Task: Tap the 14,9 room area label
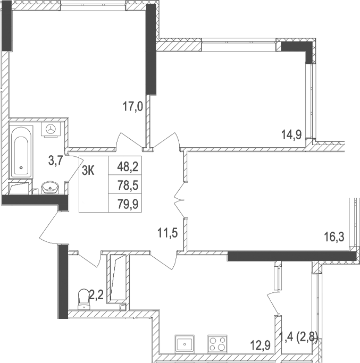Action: pyautogui.click(x=291, y=134)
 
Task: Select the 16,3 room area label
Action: pyautogui.click(x=334, y=237)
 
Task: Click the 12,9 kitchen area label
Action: pyautogui.click(x=261, y=345)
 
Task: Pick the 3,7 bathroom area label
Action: pyautogui.click(x=55, y=160)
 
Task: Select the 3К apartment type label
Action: pyautogui.click(x=89, y=170)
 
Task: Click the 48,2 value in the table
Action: pyautogui.click(x=127, y=167)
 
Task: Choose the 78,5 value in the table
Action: pyautogui.click(x=127, y=184)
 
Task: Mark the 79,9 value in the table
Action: pyautogui.click(x=127, y=202)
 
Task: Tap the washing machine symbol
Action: pyautogui.click(x=52, y=129)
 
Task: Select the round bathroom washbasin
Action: pyautogui.click(x=51, y=188)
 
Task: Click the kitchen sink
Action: pyautogui.click(x=184, y=343)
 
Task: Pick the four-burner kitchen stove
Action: pyautogui.click(x=217, y=343)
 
